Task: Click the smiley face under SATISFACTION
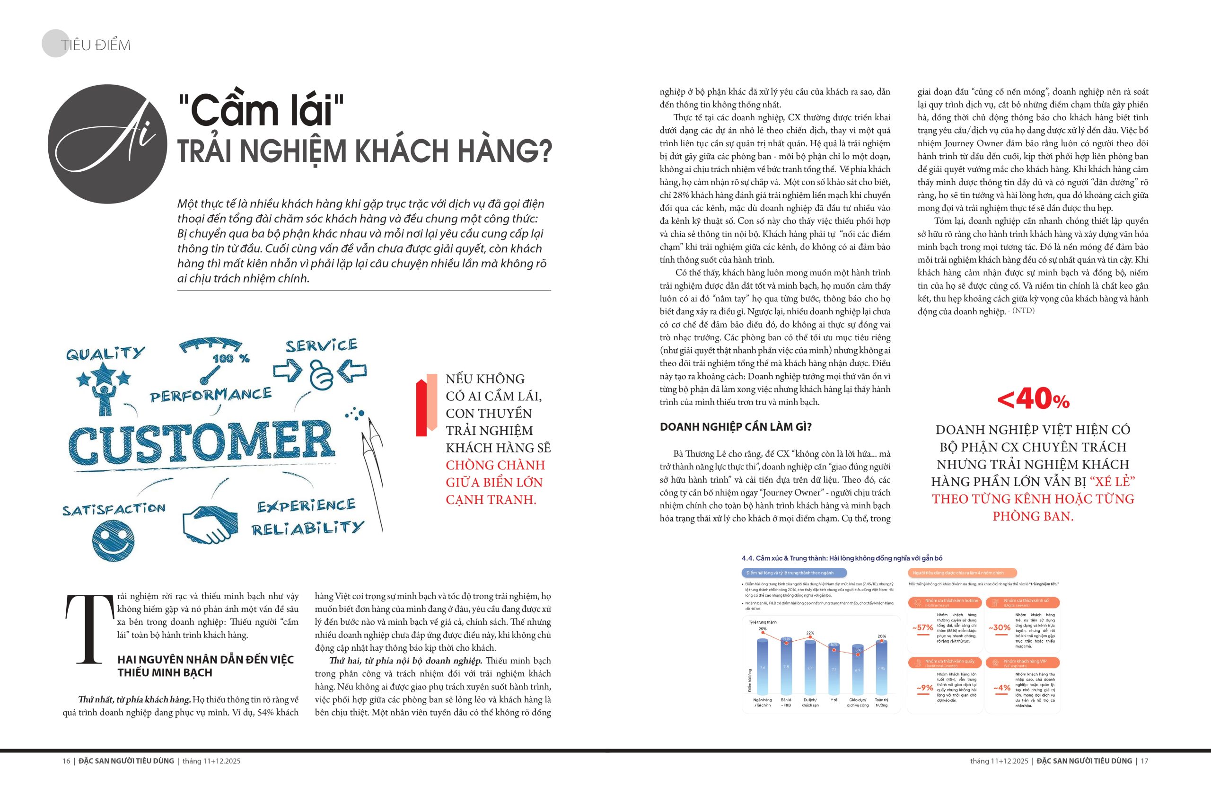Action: pyautogui.click(x=113, y=540)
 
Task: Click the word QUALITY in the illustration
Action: pyautogui.click(x=105, y=353)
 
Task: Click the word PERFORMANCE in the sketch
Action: pyautogui.click(x=211, y=395)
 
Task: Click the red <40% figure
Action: pyautogui.click(x=1033, y=399)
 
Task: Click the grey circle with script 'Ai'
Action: pyautogui.click(x=108, y=144)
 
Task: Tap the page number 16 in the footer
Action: pyautogui.click(x=66, y=761)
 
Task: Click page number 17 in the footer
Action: pyautogui.click(x=1144, y=761)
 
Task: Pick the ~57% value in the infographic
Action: pyautogui.click(x=922, y=627)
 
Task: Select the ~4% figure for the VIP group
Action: pyautogui.click(x=1001, y=688)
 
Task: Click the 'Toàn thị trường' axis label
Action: pyautogui.click(x=881, y=702)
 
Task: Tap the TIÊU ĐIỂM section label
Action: pyautogui.click(x=96, y=45)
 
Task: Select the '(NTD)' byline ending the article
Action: pyautogui.click(x=1023, y=310)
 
